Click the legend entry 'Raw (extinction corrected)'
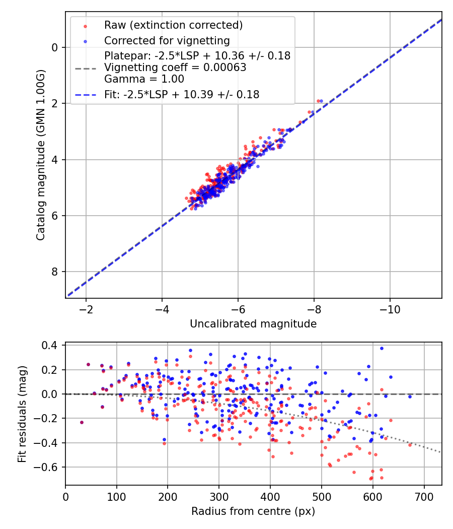coord(173,25)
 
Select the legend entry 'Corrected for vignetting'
coord(167,41)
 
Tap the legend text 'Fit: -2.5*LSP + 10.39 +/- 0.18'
coord(182,95)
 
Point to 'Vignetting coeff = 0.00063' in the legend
coord(175,68)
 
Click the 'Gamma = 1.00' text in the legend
coord(144,79)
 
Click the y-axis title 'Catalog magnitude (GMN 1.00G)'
coord(41,154)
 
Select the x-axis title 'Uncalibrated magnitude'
coord(253,324)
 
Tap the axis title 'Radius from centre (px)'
coord(253,511)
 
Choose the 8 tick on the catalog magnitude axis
coord(55,272)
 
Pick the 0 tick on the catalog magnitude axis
coord(55,47)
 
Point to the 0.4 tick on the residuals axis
coord(51,346)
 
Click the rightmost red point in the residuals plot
coord(410,445)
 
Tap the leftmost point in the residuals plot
coord(82,422)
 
